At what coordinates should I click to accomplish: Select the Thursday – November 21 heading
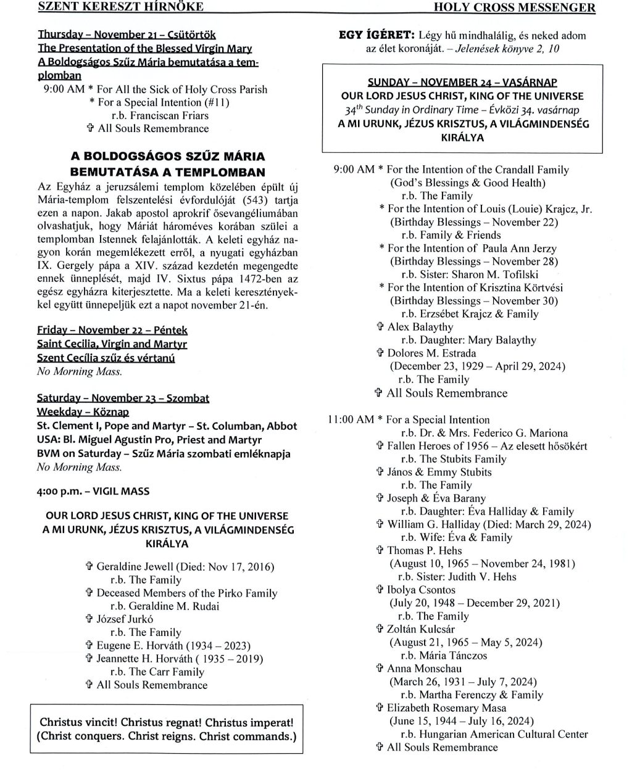tap(127, 35)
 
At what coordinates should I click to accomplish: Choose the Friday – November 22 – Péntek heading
tap(112, 331)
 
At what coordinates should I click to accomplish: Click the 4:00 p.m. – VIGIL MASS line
tap(93, 492)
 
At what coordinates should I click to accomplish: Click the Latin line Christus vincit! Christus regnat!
tap(167, 722)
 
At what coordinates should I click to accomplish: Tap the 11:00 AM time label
tap(351, 420)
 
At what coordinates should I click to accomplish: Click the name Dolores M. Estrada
tap(431, 353)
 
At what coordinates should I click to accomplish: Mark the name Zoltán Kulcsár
tap(421, 629)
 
